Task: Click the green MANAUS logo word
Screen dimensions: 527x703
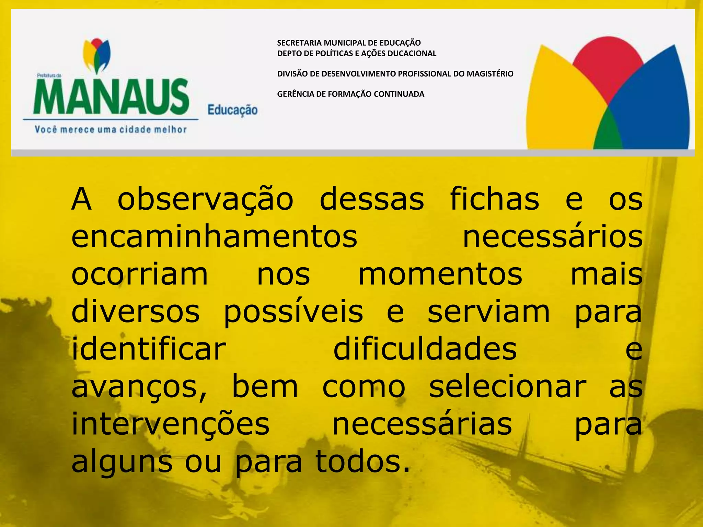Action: coord(111,97)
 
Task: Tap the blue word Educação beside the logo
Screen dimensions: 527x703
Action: coord(232,110)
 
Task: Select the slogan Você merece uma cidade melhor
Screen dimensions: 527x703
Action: coord(111,130)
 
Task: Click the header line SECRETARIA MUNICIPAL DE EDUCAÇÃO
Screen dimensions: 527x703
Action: coord(349,43)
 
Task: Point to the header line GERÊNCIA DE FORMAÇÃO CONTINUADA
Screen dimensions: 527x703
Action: coord(350,94)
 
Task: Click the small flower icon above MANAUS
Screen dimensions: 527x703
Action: coord(97,55)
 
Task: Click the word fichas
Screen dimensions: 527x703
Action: coord(494,199)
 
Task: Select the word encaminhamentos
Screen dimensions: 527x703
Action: coord(214,237)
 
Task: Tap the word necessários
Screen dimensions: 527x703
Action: coord(553,237)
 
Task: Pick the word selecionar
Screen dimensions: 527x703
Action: coord(508,387)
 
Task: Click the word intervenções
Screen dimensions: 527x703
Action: coord(171,425)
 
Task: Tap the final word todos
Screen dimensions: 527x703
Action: coord(362,462)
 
